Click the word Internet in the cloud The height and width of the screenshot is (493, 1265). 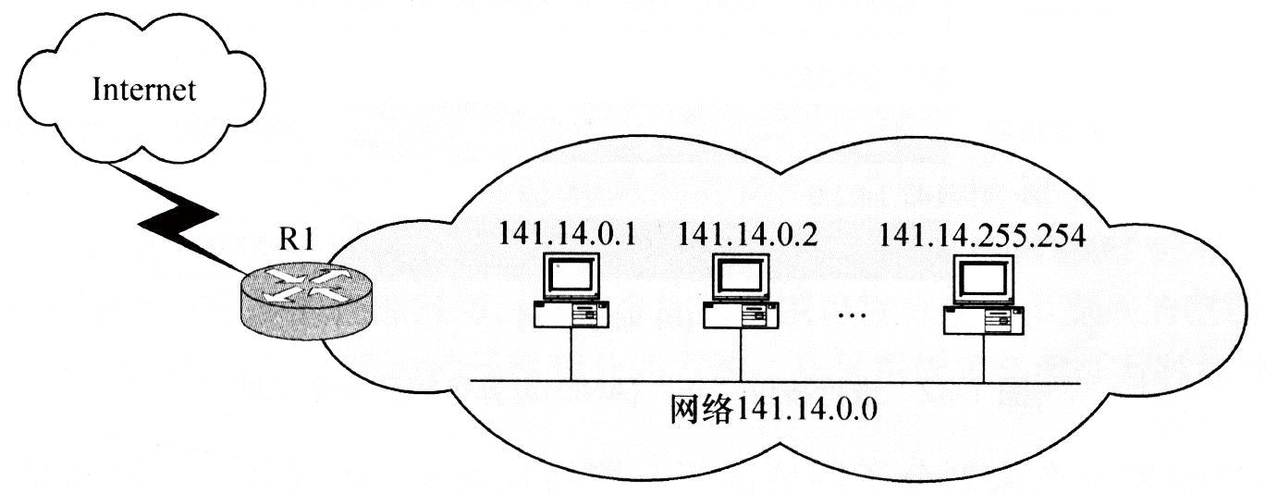[142, 90]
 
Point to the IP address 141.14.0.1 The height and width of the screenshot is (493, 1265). [567, 234]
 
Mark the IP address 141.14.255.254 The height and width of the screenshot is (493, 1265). [982, 234]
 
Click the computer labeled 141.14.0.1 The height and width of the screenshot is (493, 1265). [571, 291]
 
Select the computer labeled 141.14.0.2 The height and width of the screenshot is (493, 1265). [741, 291]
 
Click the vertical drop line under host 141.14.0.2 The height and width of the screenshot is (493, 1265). [741, 355]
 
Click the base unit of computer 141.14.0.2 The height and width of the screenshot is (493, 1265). [741, 315]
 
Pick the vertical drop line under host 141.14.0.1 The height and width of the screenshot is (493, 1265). [571, 355]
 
